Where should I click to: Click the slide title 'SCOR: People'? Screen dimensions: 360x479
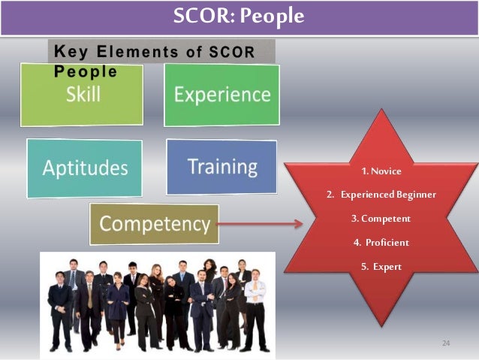pos(239,17)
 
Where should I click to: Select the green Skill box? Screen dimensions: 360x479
pos(82,95)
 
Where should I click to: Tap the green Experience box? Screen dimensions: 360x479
pos(221,94)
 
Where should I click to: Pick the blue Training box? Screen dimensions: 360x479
pos(221,166)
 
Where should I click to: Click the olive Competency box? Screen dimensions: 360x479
pos(154,223)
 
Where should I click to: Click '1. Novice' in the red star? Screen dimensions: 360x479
pos(381,171)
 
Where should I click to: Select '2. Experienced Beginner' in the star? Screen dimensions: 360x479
pos(381,195)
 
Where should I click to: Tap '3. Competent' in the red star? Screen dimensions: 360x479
pos(381,219)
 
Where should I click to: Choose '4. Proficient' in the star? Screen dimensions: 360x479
pos(381,243)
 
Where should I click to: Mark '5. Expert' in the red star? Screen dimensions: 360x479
pos(381,267)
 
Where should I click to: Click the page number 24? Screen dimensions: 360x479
pos(445,343)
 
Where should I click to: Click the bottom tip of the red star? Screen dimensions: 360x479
pos(381,325)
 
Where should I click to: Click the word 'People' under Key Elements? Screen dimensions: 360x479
pos(85,72)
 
